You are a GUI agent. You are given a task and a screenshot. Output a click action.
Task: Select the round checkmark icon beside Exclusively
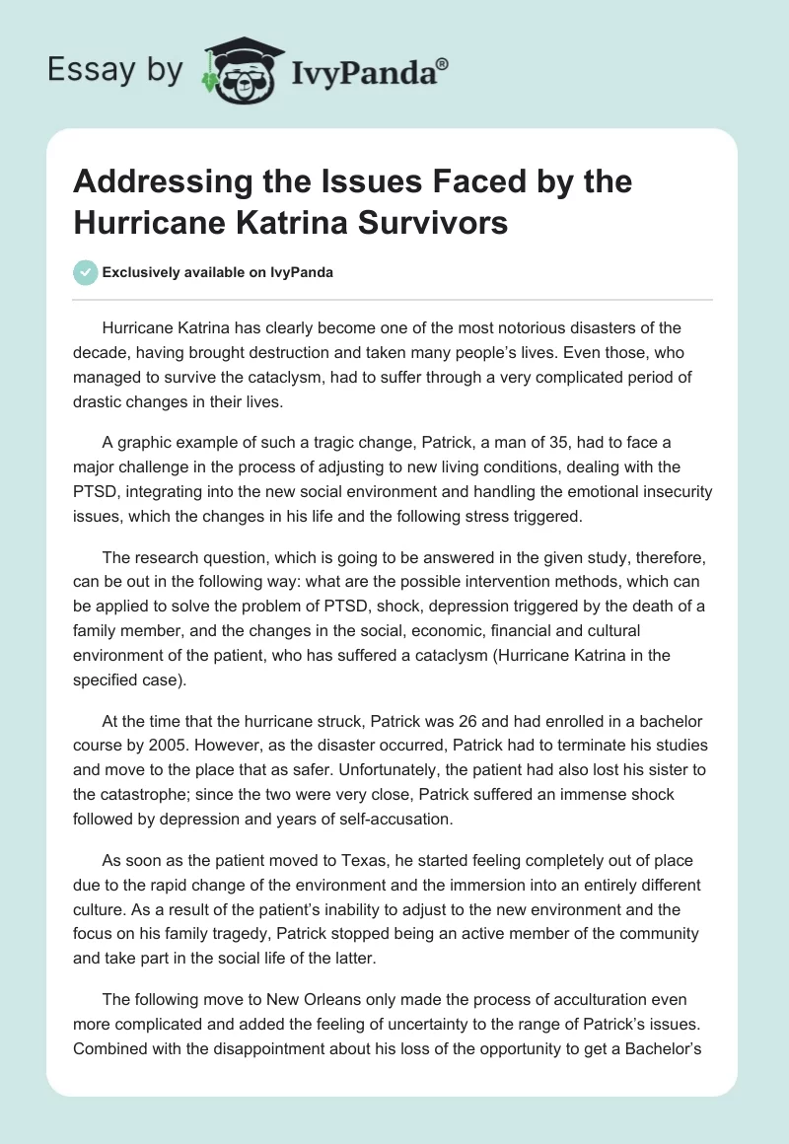[x=86, y=273]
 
